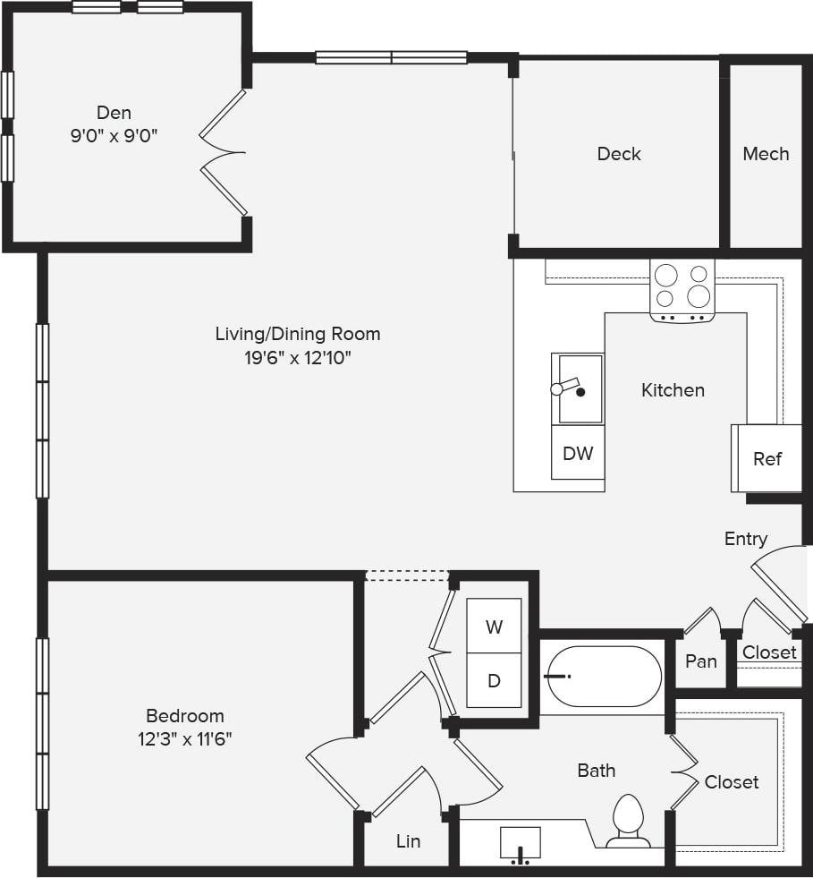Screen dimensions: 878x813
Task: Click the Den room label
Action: coord(114,113)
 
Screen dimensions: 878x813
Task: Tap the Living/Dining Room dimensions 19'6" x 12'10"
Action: coord(298,359)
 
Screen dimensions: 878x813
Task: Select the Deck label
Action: coord(619,154)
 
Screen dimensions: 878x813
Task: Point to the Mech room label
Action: coord(766,154)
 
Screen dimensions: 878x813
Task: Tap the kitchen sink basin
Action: coord(579,388)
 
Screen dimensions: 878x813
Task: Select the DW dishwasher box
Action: coord(578,453)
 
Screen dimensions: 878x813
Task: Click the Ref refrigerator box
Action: coord(767,458)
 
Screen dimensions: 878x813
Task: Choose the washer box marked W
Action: coord(494,627)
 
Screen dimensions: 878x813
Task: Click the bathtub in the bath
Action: coord(603,677)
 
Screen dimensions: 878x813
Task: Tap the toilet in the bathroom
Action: coord(628,820)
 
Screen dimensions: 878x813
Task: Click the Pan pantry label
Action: coord(701,661)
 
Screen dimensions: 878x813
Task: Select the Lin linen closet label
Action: coord(408,841)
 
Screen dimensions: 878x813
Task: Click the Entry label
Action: coord(746,539)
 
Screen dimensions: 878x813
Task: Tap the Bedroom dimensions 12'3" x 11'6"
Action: coord(185,740)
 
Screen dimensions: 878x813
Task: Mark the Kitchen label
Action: coord(673,390)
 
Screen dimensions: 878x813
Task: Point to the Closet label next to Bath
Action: coord(731,782)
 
